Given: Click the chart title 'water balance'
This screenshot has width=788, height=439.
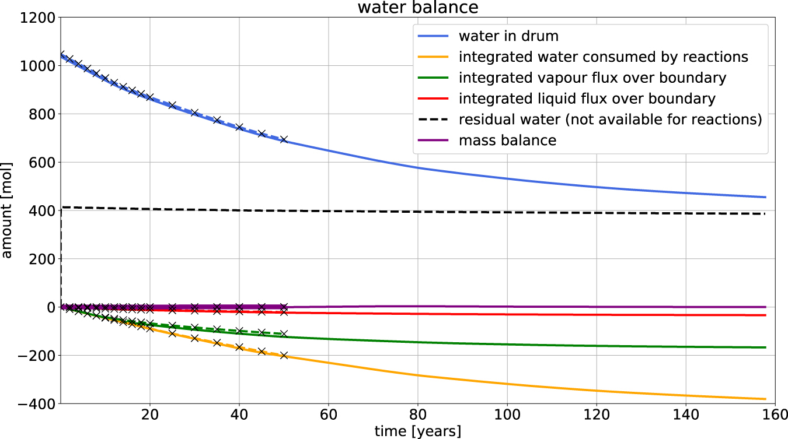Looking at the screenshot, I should click(x=417, y=8).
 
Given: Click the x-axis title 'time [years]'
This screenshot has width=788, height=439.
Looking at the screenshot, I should click(x=417, y=431).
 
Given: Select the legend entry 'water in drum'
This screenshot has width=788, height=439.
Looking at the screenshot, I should click(x=508, y=36).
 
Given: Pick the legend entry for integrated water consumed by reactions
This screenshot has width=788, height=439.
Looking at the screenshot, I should click(x=603, y=57).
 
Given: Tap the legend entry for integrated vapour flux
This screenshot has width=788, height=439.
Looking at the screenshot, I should click(x=592, y=78).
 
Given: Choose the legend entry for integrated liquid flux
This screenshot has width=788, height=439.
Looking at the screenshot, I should click(x=587, y=99).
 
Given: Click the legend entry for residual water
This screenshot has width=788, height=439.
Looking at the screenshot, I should click(x=610, y=120).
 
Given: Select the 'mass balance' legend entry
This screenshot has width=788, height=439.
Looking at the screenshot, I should click(x=507, y=141).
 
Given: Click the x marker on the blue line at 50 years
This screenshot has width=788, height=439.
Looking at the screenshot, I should click(x=284, y=140).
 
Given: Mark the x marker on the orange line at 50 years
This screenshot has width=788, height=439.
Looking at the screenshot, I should click(x=284, y=355).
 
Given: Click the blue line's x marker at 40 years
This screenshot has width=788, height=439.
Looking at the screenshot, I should click(x=239, y=127).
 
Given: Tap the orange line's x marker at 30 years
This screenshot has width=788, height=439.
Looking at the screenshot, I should click(x=194, y=338).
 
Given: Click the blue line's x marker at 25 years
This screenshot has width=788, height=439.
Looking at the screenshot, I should click(x=172, y=106).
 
